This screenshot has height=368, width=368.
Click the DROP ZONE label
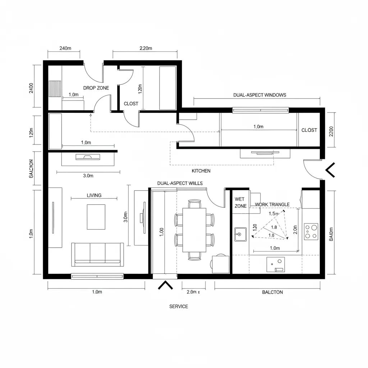point(96,88)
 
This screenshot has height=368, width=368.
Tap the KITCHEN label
point(201,171)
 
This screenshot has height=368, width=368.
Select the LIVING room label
point(94,195)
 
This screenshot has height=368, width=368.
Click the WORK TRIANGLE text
point(272,204)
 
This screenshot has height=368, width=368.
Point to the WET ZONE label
point(240,202)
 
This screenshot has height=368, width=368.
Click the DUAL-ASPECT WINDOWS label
point(259,95)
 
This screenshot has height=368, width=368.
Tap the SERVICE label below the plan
point(179,307)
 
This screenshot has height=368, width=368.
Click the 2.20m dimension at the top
point(146,48)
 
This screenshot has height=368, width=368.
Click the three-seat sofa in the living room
point(98,254)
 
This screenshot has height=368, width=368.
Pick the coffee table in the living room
point(96,217)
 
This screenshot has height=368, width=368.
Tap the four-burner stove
point(311,232)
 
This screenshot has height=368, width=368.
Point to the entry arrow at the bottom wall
point(165,285)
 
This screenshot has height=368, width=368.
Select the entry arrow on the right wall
point(330,170)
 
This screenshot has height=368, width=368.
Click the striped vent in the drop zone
point(55,87)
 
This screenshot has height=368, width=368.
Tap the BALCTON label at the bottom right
point(272,292)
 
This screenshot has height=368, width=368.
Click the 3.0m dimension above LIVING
point(88,176)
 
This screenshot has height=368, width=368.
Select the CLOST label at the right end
point(309,130)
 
